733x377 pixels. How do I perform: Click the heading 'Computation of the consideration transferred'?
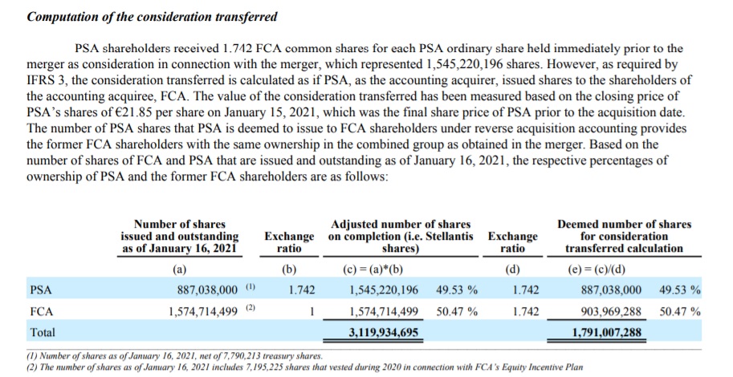click(152, 18)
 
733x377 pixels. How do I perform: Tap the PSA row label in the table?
click(41, 290)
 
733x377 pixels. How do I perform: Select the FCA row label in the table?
click(42, 311)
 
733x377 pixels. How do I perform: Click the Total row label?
click(43, 333)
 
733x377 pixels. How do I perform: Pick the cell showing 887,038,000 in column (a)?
click(208, 290)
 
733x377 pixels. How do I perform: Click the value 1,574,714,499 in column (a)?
click(203, 311)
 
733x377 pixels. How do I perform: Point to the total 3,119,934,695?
click(383, 333)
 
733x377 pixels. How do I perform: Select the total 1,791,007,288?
click(607, 333)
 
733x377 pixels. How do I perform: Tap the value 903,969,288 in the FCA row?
click(611, 311)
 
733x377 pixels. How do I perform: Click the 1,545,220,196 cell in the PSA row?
click(384, 290)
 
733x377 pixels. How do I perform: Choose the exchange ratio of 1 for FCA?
click(311, 311)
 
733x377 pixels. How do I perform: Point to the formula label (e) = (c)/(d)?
click(595, 270)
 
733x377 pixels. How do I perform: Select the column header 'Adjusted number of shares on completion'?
click(401, 237)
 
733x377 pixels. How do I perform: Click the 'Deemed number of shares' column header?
click(624, 237)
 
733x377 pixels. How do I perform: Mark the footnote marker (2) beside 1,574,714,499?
click(251, 308)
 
